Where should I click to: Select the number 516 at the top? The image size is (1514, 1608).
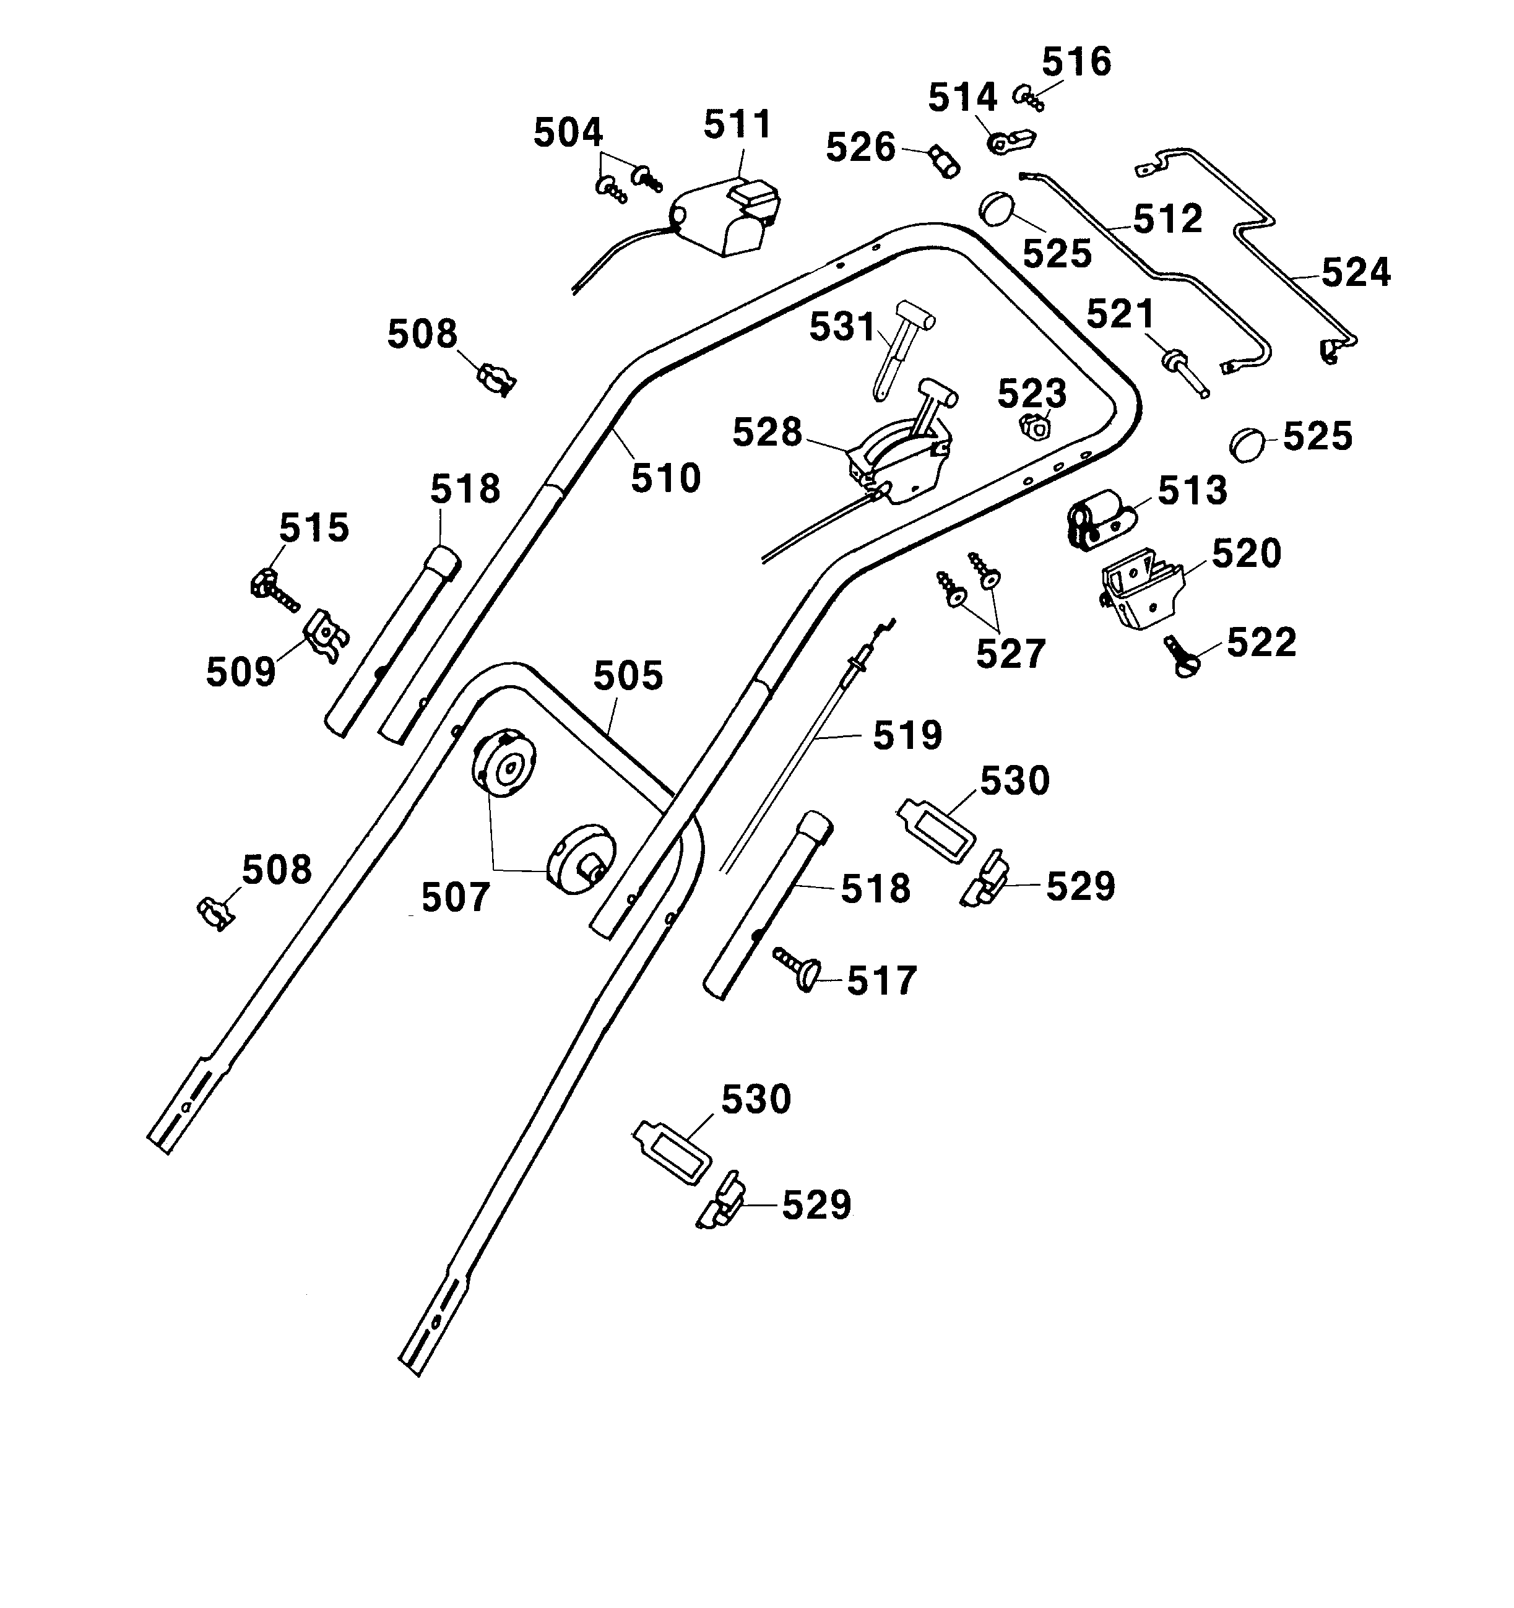click(x=1076, y=63)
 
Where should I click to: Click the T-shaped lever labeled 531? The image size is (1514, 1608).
click(x=900, y=344)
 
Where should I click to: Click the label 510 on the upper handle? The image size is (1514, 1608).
click(x=665, y=479)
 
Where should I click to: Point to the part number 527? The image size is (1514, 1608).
click(x=1010, y=654)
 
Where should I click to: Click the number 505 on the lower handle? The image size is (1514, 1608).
click(x=628, y=676)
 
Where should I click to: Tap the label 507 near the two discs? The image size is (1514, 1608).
click(x=456, y=898)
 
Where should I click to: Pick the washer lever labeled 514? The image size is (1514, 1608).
click(x=1010, y=142)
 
